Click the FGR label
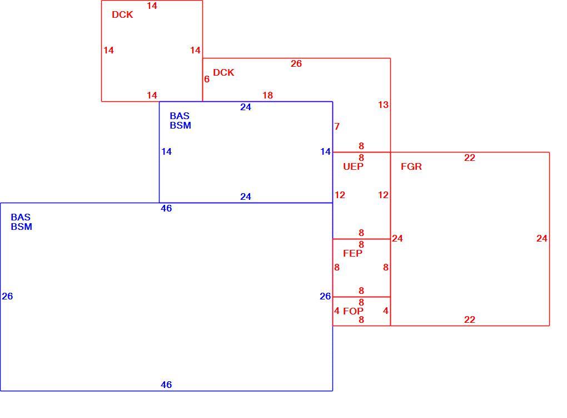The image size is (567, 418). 411,166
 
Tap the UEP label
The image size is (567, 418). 354,166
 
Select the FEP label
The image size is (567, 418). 352,253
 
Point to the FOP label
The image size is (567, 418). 354,311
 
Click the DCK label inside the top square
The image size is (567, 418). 122,14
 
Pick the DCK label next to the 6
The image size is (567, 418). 223,72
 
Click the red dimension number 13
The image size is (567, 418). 384,105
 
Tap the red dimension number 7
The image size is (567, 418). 337,126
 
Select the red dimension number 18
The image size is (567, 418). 267,95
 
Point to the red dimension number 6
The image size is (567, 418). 207,79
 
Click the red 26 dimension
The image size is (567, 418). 296,64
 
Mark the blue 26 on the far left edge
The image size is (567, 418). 7,296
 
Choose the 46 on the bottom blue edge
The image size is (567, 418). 166,385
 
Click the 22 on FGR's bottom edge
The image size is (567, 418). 470,319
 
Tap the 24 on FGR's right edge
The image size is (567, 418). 541,238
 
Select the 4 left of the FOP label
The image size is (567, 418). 337,311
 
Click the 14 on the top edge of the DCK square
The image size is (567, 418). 152,6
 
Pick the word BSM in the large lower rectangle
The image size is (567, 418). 21,227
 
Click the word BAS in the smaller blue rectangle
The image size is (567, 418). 180,116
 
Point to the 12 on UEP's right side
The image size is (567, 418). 384,195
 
